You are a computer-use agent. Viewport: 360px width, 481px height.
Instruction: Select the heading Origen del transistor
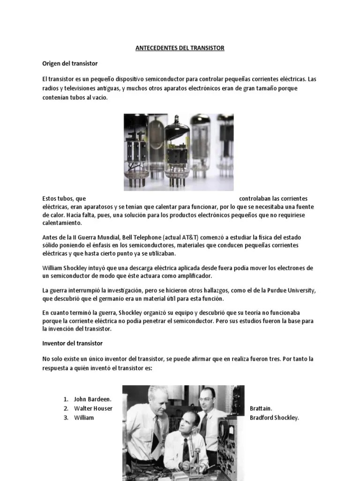pos(69,63)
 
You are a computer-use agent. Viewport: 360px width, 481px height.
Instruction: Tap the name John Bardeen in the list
pos(93,399)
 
